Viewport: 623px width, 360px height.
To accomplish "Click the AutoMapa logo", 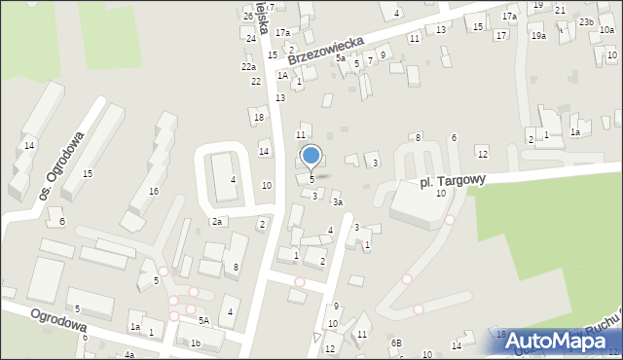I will point(566,342).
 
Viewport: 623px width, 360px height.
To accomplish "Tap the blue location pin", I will point(311,157).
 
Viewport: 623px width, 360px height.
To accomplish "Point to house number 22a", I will point(249,67).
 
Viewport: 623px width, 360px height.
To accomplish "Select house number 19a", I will point(538,35).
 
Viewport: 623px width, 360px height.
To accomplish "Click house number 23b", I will point(586,21).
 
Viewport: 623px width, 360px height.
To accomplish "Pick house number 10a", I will point(606,30).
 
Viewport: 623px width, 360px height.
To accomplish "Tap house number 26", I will point(248,17).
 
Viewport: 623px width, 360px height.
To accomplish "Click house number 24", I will point(251,38).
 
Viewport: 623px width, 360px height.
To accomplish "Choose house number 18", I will point(258,118).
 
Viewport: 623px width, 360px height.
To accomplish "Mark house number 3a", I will point(337,202).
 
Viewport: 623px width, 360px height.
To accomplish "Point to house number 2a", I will point(219,222).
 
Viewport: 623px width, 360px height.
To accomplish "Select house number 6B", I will point(396,342).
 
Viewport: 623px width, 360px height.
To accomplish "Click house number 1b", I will point(196,342).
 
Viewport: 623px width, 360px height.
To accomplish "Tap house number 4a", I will point(128,355).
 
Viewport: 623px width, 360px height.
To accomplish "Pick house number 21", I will point(560,10).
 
